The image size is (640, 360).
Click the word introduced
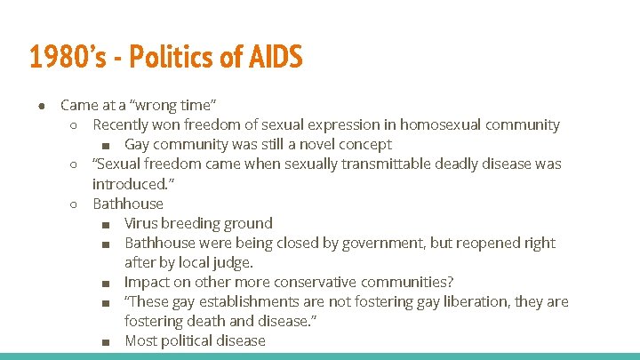click(129, 184)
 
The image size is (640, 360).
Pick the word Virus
click(142, 223)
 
